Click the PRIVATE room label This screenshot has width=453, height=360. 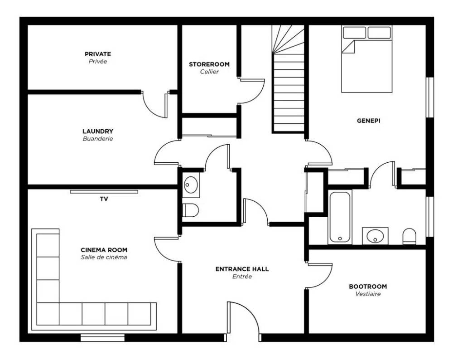tap(98, 54)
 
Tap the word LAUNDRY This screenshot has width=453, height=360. tap(98, 131)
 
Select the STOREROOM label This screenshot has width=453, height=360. tap(209, 64)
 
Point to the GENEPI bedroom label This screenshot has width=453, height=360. tap(368, 121)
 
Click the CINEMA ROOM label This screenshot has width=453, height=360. tap(104, 250)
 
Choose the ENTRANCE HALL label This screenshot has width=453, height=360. tap(242, 269)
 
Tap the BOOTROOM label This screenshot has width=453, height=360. tap(368, 287)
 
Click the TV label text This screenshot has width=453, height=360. tap(104, 199)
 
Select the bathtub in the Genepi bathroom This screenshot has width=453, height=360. tap(340, 217)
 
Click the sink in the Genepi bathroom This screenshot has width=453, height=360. tap(375, 236)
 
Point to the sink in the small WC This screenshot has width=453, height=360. tap(191, 185)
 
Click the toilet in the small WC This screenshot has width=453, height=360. tap(190, 209)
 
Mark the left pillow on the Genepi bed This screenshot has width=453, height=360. tap(355, 32)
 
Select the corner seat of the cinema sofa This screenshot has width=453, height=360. tap(48, 314)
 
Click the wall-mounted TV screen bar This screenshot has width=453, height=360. tap(104, 192)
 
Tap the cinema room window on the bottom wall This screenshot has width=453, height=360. tap(102, 338)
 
